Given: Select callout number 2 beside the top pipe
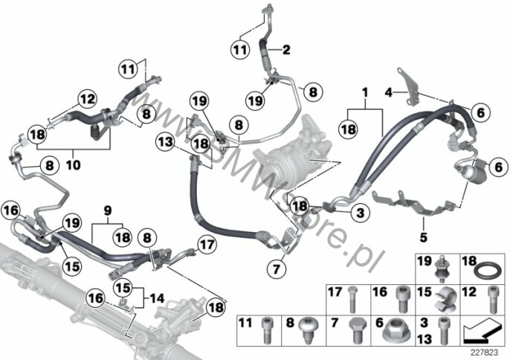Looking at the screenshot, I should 286,50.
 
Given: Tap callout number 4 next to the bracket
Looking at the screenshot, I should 388,92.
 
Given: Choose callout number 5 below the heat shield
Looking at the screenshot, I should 425,237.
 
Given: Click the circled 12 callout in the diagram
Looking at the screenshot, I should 87,98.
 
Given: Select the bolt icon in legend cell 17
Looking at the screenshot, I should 354,299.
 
